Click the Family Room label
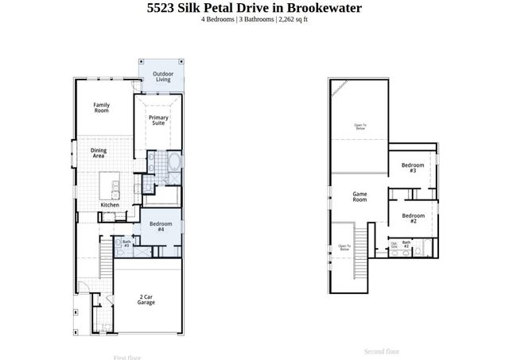(101, 108)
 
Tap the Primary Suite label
(158, 120)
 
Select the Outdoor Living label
(162, 76)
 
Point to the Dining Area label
(99, 153)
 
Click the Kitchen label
(110, 205)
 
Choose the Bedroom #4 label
(157, 226)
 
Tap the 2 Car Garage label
(146, 300)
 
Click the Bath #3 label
(126, 244)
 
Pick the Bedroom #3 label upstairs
(413, 168)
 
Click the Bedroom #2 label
(413, 218)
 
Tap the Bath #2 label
(406, 245)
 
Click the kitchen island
(111, 188)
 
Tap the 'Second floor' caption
(382, 351)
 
